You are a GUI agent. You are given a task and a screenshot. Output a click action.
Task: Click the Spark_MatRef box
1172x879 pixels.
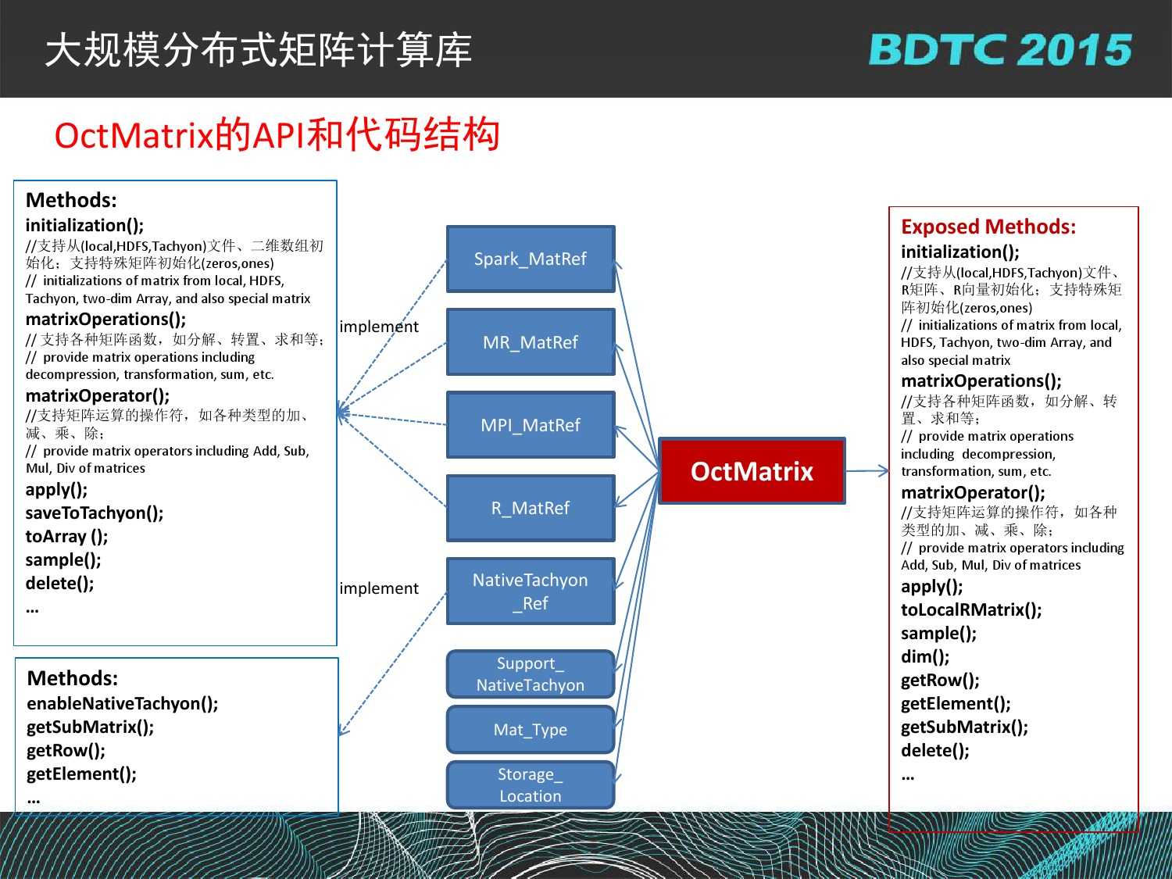click(x=531, y=259)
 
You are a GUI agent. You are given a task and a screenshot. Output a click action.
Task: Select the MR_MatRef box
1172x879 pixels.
click(x=531, y=342)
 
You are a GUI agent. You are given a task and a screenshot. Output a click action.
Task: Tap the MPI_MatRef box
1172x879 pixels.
click(x=531, y=425)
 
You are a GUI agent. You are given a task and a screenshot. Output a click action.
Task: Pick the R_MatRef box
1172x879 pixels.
click(x=531, y=508)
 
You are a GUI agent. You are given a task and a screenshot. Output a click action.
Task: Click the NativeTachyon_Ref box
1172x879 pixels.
click(x=531, y=591)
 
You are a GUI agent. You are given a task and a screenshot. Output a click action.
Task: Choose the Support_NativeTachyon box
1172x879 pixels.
click(x=531, y=674)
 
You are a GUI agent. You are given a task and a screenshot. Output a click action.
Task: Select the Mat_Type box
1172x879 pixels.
click(x=531, y=730)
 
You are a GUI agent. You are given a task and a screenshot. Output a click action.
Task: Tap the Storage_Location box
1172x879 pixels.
click(x=531, y=785)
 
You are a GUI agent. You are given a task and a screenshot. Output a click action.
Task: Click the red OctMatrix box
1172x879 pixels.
click(x=752, y=471)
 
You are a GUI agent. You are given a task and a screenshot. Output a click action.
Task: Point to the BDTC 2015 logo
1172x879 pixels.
click(x=1000, y=50)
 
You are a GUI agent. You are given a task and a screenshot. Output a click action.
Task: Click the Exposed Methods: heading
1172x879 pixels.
click(x=988, y=227)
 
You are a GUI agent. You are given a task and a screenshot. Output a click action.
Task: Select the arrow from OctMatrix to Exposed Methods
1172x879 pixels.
click(x=867, y=470)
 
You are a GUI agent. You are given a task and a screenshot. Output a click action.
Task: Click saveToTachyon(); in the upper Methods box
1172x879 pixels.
click(x=95, y=513)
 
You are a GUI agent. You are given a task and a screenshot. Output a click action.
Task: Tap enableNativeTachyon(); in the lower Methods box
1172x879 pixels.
click(x=122, y=703)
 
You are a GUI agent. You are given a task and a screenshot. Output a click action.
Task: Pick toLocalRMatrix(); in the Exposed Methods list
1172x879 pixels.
click(x=971, y=609)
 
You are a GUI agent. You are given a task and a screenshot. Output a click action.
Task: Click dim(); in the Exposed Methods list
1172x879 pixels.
click(x=925, y=656)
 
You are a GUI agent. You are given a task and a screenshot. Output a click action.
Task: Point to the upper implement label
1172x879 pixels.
click(x=379, y=327)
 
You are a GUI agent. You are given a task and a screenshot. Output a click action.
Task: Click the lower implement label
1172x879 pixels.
click(x=379, y=588)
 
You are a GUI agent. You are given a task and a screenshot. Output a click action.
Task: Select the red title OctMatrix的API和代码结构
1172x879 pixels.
click(x=277, y=135)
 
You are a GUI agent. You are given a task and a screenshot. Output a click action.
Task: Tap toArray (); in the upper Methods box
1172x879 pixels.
click(x=66, y=536)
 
